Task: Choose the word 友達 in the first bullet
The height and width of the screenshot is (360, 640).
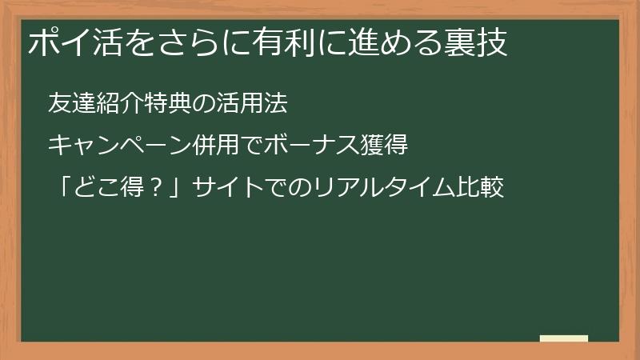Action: point(70,102)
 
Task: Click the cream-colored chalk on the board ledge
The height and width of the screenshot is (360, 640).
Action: point(564,338)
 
